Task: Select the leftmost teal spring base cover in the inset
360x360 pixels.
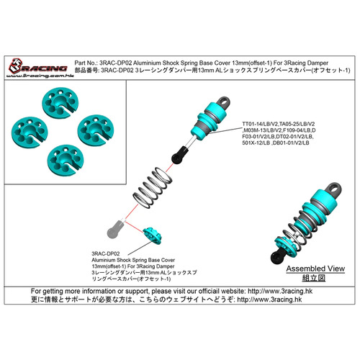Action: [x=30, y=132]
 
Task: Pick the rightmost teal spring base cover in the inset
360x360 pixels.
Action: [x=96, y=130]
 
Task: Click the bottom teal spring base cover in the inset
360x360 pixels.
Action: [x=66, y=160]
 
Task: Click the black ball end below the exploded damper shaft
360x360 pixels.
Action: [x=179, y=155]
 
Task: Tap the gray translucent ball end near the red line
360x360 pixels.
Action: [x=115, y=230]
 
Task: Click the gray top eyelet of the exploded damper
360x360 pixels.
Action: [x=224, y=102]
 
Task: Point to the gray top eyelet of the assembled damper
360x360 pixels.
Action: [x=333, y=189]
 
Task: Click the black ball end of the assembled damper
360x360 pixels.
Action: [x=279, y=256]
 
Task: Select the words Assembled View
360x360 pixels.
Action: [x=315, y=269]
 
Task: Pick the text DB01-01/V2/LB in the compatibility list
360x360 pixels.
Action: [x=291, y=143]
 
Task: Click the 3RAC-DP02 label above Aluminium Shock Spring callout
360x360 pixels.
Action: [x=106, y=253]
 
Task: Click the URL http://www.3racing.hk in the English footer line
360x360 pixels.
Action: [x=280, y=292]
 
